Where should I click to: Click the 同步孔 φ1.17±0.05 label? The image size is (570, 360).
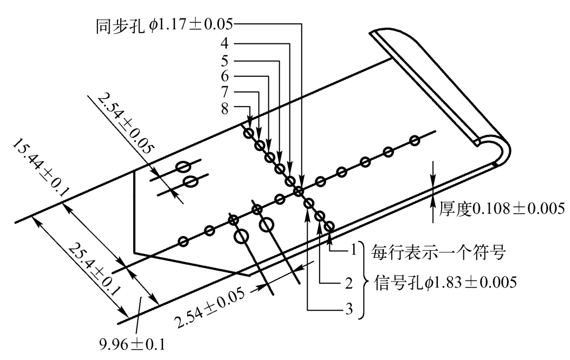click(x=165, y=24)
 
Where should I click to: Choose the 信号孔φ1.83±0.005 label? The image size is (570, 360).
click(x=444, y=282)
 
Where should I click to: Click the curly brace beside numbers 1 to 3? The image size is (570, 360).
click(x=365, y=280)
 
